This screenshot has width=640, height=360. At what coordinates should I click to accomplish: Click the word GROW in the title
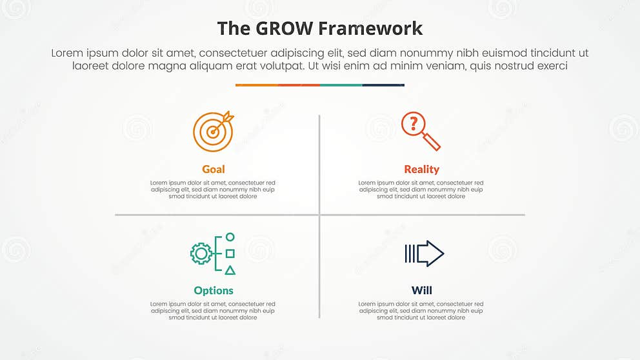(279, 28)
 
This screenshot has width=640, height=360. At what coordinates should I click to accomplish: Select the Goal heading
(214, 169)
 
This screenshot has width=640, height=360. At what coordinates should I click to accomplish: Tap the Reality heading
(421, 169)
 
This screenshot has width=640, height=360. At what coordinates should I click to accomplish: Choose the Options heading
(214, 290)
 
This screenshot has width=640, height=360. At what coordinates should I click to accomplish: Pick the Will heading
(421, 290)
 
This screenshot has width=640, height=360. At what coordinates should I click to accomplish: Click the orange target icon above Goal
(212, 131)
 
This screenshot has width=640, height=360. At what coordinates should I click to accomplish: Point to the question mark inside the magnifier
(414, 123)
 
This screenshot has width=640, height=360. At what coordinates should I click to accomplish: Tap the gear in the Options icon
(201, 254)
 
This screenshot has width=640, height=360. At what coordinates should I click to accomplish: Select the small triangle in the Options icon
(230, 270)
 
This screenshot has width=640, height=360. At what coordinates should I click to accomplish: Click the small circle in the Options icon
(230, 237)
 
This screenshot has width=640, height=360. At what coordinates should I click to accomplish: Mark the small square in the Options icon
(230, 254)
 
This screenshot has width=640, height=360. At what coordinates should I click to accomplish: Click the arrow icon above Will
(425, 254)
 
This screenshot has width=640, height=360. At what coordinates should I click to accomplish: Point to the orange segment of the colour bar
(257, 85)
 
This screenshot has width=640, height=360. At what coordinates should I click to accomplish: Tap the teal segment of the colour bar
(341, 85)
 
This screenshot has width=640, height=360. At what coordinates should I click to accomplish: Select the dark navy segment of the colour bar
(383, 85)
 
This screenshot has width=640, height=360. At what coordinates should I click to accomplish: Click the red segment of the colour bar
(299, 85)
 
